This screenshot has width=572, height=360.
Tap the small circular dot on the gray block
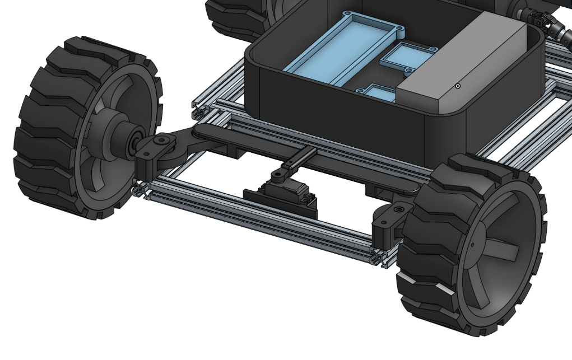458,86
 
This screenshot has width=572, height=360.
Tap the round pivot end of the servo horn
276,177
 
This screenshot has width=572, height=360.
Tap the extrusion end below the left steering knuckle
140,190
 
